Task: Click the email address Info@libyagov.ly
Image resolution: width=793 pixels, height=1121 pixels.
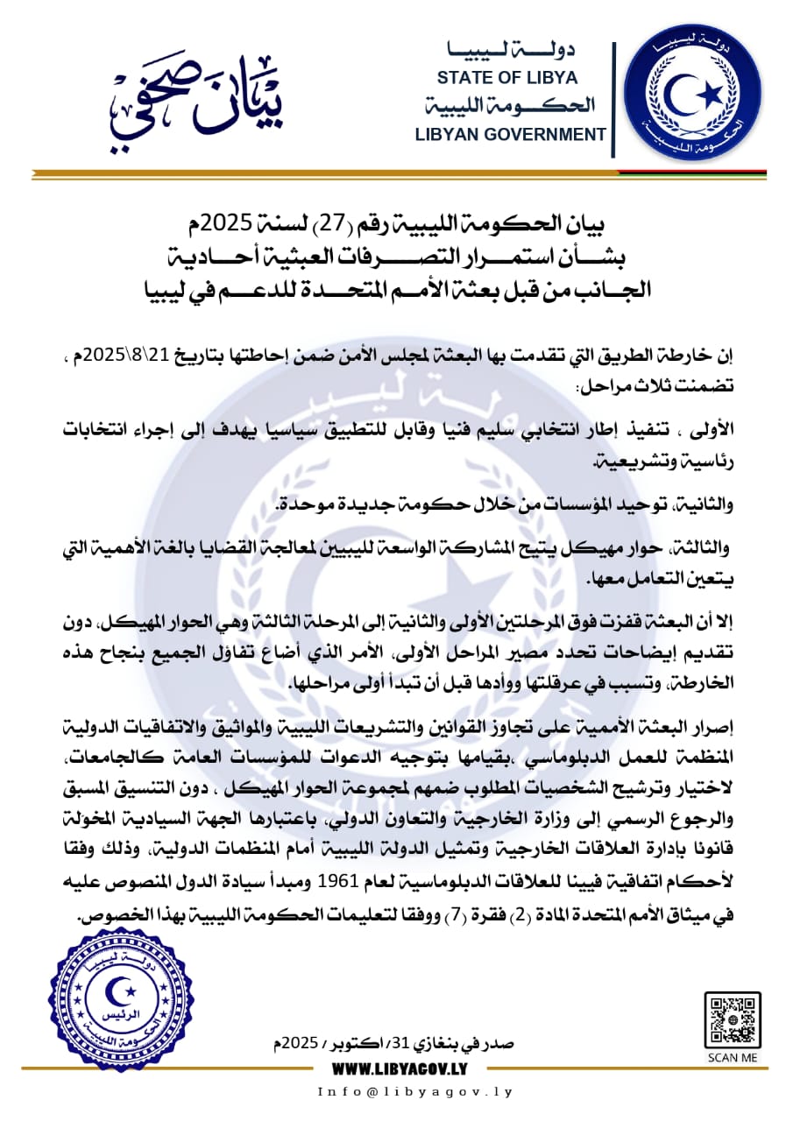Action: pos(415,1092)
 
